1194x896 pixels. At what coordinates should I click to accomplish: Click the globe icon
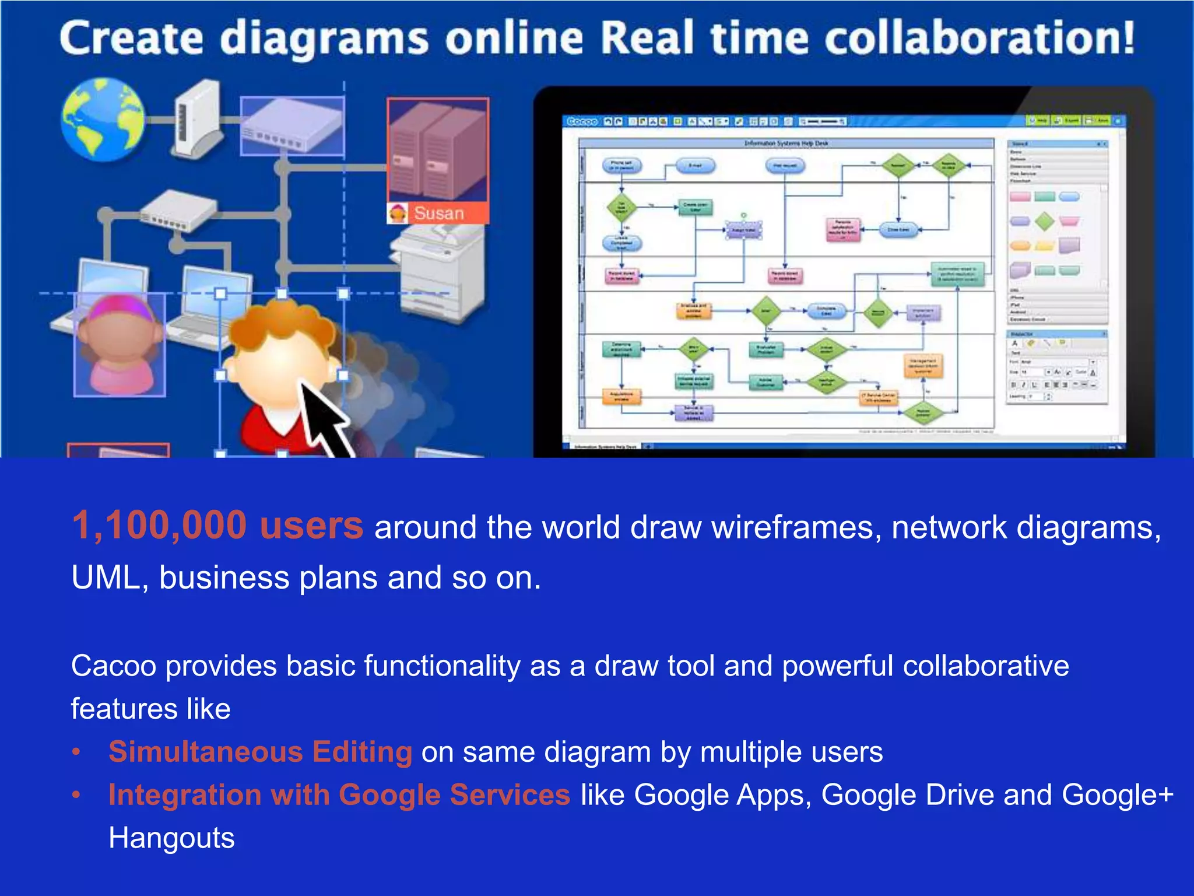(103, 120)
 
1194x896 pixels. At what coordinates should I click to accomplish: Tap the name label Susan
(438, 213)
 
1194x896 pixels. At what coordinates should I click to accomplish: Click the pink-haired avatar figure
(120, 344)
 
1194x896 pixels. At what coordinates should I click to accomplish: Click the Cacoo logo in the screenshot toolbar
(582, 121)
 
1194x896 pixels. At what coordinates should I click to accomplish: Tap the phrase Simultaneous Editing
(261, 751)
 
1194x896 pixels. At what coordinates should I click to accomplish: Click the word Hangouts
(171, 838)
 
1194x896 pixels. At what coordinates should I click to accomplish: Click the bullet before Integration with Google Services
(76, 795)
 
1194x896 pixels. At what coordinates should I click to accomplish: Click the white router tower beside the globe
(197, 118)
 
